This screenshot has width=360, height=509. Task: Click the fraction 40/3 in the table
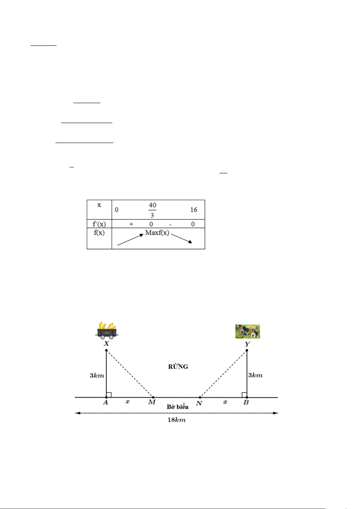coord(152,210)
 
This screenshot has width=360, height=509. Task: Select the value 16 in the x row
coord(194,210)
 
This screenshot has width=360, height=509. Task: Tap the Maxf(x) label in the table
coord(157,233)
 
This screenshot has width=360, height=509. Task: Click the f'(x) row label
coord(99,224)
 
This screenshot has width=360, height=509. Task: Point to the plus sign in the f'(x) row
coord(131,224)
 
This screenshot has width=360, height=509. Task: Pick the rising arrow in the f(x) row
coord(130,240)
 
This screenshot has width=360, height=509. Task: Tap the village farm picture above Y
coord(248,331)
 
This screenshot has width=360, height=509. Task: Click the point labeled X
coord(106,350)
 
